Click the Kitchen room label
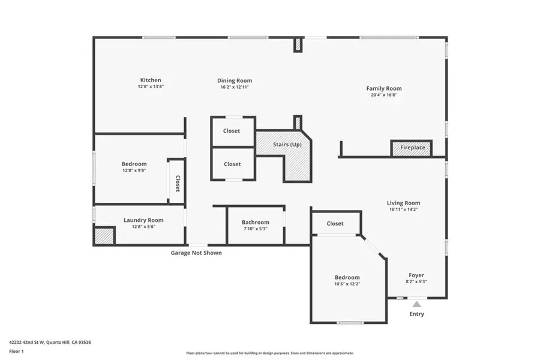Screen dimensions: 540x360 [x=151, y=80]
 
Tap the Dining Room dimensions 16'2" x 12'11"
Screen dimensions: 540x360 [x=235, y=87]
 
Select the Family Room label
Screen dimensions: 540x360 [x=384, y=89]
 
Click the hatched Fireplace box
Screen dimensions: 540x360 [x=411, y=148]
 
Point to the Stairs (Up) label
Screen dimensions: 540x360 [x=287, y=145]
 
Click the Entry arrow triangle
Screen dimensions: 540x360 [x=417, y=304]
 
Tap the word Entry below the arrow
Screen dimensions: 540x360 [x=417, y=314]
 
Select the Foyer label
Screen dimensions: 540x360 [x=416, y=275]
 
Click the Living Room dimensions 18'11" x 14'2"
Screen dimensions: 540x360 [x=403, y=209]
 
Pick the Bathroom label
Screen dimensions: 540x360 [x=256, y=223]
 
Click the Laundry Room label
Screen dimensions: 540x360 [x=143, y=220]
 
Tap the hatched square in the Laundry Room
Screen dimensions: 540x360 [x=104, y=236]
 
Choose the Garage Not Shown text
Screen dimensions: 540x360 [x=196, y=253]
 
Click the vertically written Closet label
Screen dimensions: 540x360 [x=178, y=183]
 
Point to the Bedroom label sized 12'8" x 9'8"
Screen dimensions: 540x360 [x=134, y=164]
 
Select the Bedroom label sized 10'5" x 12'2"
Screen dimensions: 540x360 [x=347, y=278]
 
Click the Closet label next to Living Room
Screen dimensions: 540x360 [x=335, y=224]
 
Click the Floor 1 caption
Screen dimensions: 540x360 [x=16, y=352]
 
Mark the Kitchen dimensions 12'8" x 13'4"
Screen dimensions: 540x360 [x=151, y=87]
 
